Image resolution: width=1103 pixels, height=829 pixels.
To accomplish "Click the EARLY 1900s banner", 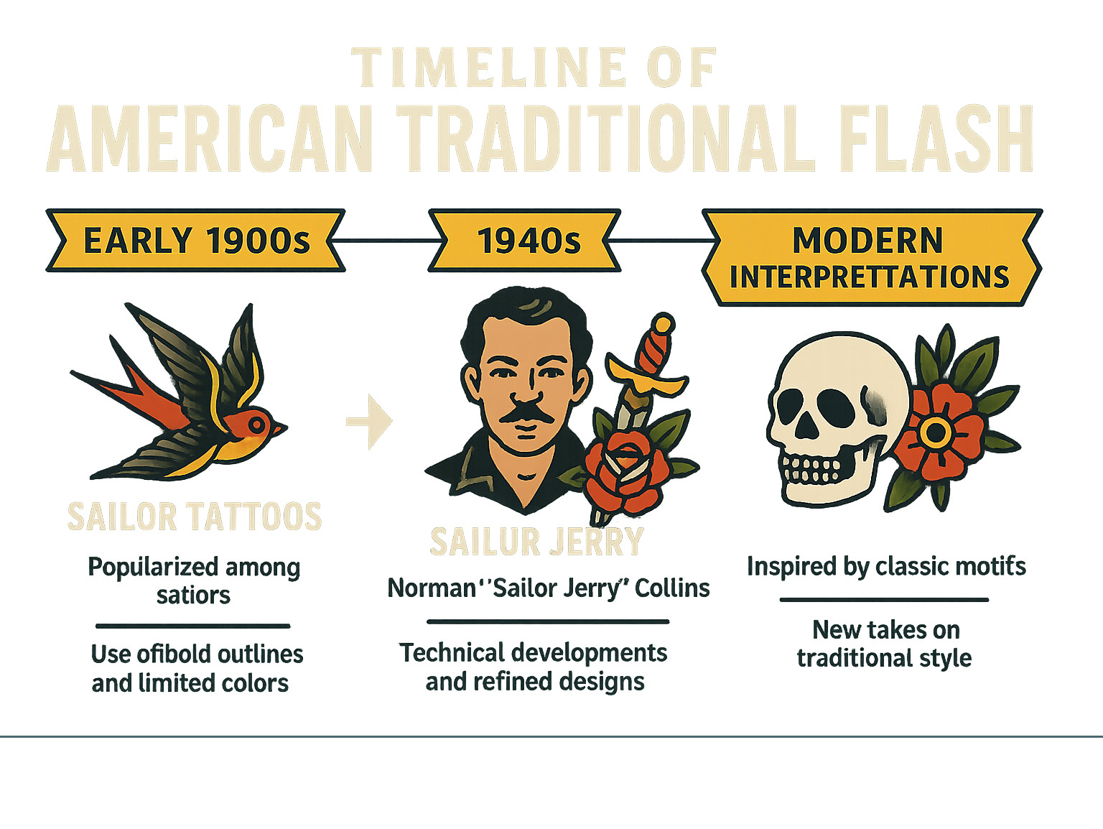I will (x=195, y=241).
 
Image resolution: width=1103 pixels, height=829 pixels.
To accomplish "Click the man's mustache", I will (x=526, y=414).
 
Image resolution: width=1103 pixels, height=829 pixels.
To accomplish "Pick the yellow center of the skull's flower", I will (x=936, y=432).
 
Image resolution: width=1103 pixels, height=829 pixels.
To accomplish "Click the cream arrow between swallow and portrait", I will (x=371, y=421).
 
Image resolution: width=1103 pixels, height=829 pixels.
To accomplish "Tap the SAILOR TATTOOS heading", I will (x=195, y=517).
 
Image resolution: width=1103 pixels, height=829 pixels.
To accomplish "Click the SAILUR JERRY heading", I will (x=536, y=542).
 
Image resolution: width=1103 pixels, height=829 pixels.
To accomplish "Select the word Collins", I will (x=672, y=588).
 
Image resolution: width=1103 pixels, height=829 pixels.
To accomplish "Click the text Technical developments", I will (x=533, y=653).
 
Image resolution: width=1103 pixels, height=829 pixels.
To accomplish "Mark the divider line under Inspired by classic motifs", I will (x=884, y=599).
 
